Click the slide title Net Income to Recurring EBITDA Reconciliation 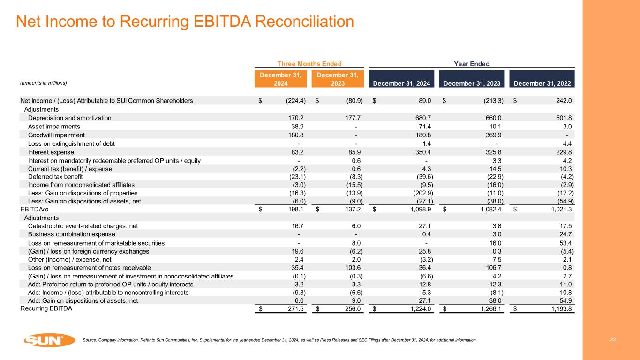[x=185, y=21]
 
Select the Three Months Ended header [x=309, y=64]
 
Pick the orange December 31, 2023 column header [x=338, y=79]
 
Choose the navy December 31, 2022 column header [x=542, y=84]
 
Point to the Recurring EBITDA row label [x=46, y=308]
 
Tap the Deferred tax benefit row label [x=55, y=177]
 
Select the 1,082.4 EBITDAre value [x=490, y=210]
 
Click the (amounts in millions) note [x=44, y=83]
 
